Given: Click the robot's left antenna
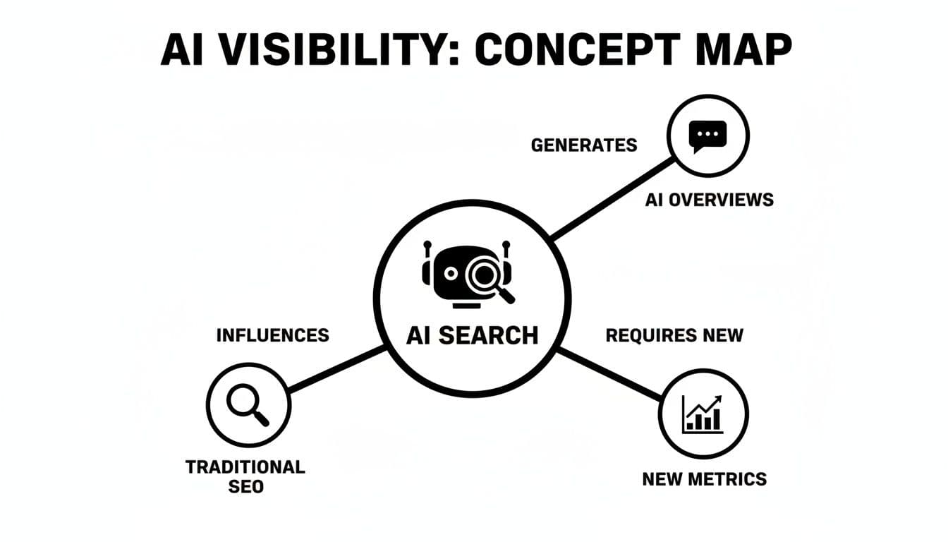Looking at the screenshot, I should click(x=427, y=246).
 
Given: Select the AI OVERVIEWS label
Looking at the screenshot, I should click(x=709, y=200).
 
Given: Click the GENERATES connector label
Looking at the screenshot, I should click(x=583, y=145).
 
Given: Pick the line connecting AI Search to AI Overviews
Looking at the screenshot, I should click(x=612, y=200).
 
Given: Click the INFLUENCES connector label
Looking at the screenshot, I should click(x=272, y=335).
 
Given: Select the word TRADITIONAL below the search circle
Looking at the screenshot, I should click(x=245, y=467).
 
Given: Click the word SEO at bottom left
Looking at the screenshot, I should click(x=245, y=486).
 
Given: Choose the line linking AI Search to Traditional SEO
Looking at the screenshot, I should click(x=337, y=368).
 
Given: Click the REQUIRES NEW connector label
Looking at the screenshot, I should click(x=674, y=335).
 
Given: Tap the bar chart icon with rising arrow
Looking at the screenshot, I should click(x=703, y=414).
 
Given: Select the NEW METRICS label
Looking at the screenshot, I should click(x=704, y=479).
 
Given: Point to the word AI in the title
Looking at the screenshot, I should click(x=184, y=49).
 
